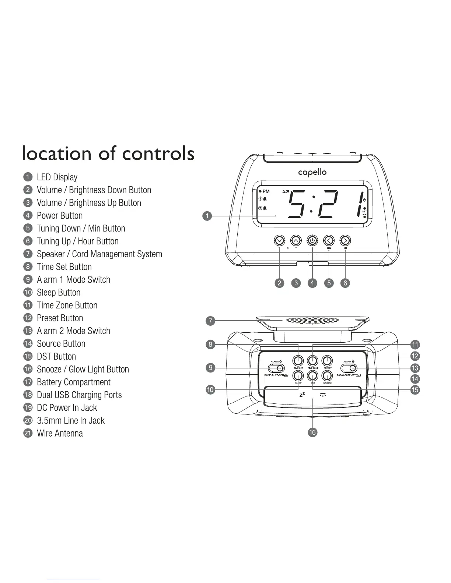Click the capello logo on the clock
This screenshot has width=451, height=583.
312,172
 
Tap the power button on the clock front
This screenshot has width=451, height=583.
312,241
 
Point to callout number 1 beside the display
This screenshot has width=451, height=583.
208,216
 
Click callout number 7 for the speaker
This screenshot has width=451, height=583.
210,321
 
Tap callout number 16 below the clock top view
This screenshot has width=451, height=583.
312,432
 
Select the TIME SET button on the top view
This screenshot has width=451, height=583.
298,360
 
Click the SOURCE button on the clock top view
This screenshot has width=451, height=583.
327,375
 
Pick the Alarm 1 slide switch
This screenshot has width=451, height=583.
276,368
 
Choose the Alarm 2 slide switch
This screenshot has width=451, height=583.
349,368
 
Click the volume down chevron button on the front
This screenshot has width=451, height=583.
280,241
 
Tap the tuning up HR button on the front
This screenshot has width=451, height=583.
345,241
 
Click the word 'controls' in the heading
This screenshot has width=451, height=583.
158,153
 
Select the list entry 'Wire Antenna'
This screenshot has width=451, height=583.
60,433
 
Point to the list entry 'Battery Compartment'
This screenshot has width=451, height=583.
74,382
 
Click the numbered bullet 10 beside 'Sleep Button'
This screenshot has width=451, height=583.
28,293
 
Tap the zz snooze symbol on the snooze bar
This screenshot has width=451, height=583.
302,395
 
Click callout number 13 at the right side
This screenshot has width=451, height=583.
415,368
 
